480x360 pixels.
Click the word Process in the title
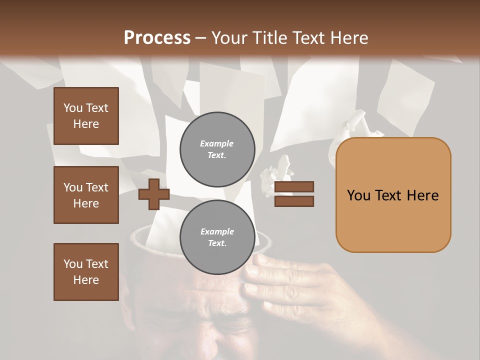pos(157,38)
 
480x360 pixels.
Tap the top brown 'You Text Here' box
pos(86,116)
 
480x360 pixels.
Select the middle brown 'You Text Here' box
pos(86,195)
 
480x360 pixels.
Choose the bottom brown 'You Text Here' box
pos(86,271)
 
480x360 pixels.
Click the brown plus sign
pos(153,194)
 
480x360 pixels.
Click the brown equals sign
pos(294,194)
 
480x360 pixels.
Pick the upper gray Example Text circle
pos(217,149)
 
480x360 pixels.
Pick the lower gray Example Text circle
pos(217,237)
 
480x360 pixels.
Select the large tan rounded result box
pos(393,194)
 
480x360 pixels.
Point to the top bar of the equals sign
pos(294,186)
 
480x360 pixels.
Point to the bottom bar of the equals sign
pos(294,201)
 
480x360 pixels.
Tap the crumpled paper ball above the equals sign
pos(277,169)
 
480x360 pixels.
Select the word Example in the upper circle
pos(216,143)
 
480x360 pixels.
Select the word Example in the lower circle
pos(217,231)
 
